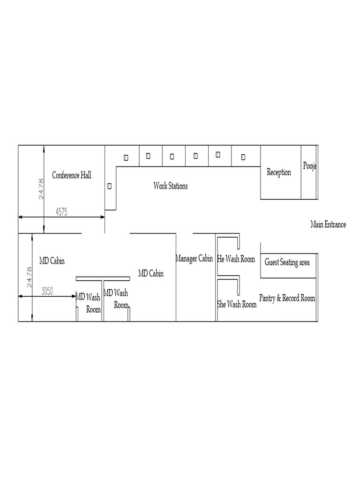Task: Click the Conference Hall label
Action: point(71,175)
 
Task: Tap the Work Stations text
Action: point(171,186)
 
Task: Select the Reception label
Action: point(279,172)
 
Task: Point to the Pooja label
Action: point(309,166)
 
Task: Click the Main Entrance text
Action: point(328,225)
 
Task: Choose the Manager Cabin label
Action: point(194,258)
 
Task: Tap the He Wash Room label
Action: point(236,259)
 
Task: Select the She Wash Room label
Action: point(237,304)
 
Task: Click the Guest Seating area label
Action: point(287,262)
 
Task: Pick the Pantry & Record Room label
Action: point(287,298)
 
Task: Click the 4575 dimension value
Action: point(61,212)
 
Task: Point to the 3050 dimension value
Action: point(47,291)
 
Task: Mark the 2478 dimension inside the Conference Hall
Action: point(41,189)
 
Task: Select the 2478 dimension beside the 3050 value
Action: point(29,277)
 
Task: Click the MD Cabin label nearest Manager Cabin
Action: point(150,273)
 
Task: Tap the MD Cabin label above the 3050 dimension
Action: point(52,261)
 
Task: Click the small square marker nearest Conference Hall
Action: point(109,186)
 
